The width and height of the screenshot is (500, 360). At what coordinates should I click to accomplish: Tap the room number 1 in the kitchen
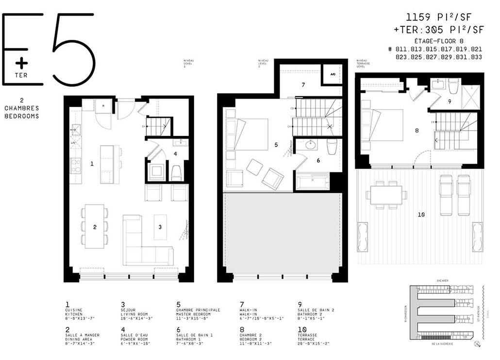[92, 164]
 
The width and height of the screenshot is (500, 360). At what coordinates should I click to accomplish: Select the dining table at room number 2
[95, 224]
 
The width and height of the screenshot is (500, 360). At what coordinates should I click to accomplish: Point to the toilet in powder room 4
[177, 172]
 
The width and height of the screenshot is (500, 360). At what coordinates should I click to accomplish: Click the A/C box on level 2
[333, 75]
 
